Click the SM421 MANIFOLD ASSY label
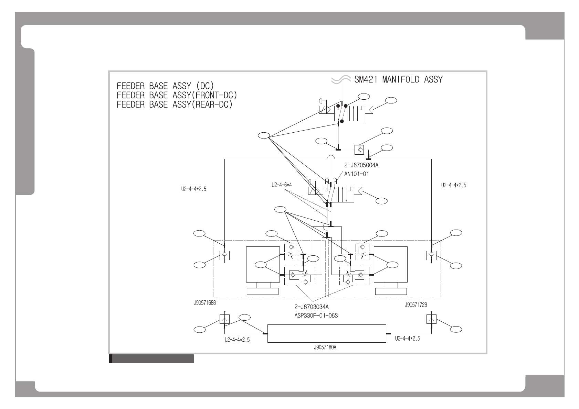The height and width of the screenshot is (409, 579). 398,80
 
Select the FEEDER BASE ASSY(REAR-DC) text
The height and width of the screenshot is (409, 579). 175,104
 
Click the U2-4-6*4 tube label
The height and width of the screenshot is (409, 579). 282,185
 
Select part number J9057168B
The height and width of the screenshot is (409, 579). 205,303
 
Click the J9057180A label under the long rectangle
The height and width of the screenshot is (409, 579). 325,347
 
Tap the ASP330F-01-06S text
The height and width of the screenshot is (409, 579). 316,315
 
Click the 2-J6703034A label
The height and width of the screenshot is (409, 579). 311,307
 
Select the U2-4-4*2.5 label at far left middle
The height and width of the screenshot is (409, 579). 193,189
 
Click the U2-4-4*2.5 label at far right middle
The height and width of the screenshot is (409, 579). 454,185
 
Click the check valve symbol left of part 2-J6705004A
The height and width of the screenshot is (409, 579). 359,150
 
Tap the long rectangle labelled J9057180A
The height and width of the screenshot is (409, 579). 326,333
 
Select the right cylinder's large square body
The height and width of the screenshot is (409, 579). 390,264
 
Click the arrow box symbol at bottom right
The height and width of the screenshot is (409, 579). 431,319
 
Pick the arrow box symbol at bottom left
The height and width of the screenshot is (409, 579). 224,319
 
